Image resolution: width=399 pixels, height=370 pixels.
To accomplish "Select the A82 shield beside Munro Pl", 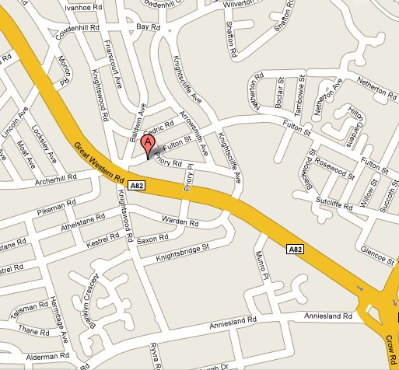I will (294, 250).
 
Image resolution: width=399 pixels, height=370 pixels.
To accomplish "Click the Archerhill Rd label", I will (56, 180).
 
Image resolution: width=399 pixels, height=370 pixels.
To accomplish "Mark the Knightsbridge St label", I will (183, 252).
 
